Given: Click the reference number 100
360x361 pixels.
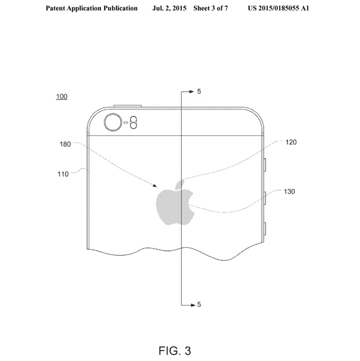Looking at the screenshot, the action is click(62, 96).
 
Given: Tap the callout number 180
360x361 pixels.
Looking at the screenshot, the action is click(66, 144).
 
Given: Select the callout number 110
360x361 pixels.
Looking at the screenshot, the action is click(63, 174).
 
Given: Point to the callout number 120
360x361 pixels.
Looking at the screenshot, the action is click(291, 142).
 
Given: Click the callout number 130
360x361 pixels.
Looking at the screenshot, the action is click(289, 192).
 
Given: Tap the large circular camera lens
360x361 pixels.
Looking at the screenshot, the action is click(113, 122).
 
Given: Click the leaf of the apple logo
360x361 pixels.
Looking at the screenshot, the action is click(180, 185).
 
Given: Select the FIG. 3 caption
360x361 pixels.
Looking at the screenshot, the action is click(175, 351).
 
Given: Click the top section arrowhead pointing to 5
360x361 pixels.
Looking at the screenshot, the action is click(192, 92).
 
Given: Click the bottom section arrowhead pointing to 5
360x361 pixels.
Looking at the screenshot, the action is click(193, 305).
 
